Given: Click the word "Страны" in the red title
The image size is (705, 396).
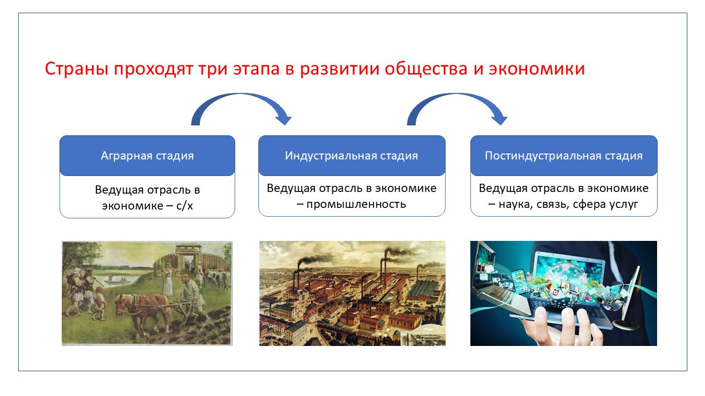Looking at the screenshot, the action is (77, 69).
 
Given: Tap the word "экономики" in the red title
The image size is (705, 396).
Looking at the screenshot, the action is (536, 69).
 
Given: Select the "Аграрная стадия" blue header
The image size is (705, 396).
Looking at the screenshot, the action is (147, 156).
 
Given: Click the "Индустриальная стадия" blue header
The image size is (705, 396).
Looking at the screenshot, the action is (351, 156).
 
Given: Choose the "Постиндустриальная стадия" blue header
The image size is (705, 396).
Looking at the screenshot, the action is (563, 156).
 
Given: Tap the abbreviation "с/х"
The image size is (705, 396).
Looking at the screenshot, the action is (185, 206).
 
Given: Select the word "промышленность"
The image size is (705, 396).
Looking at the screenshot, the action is (356, 204).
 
